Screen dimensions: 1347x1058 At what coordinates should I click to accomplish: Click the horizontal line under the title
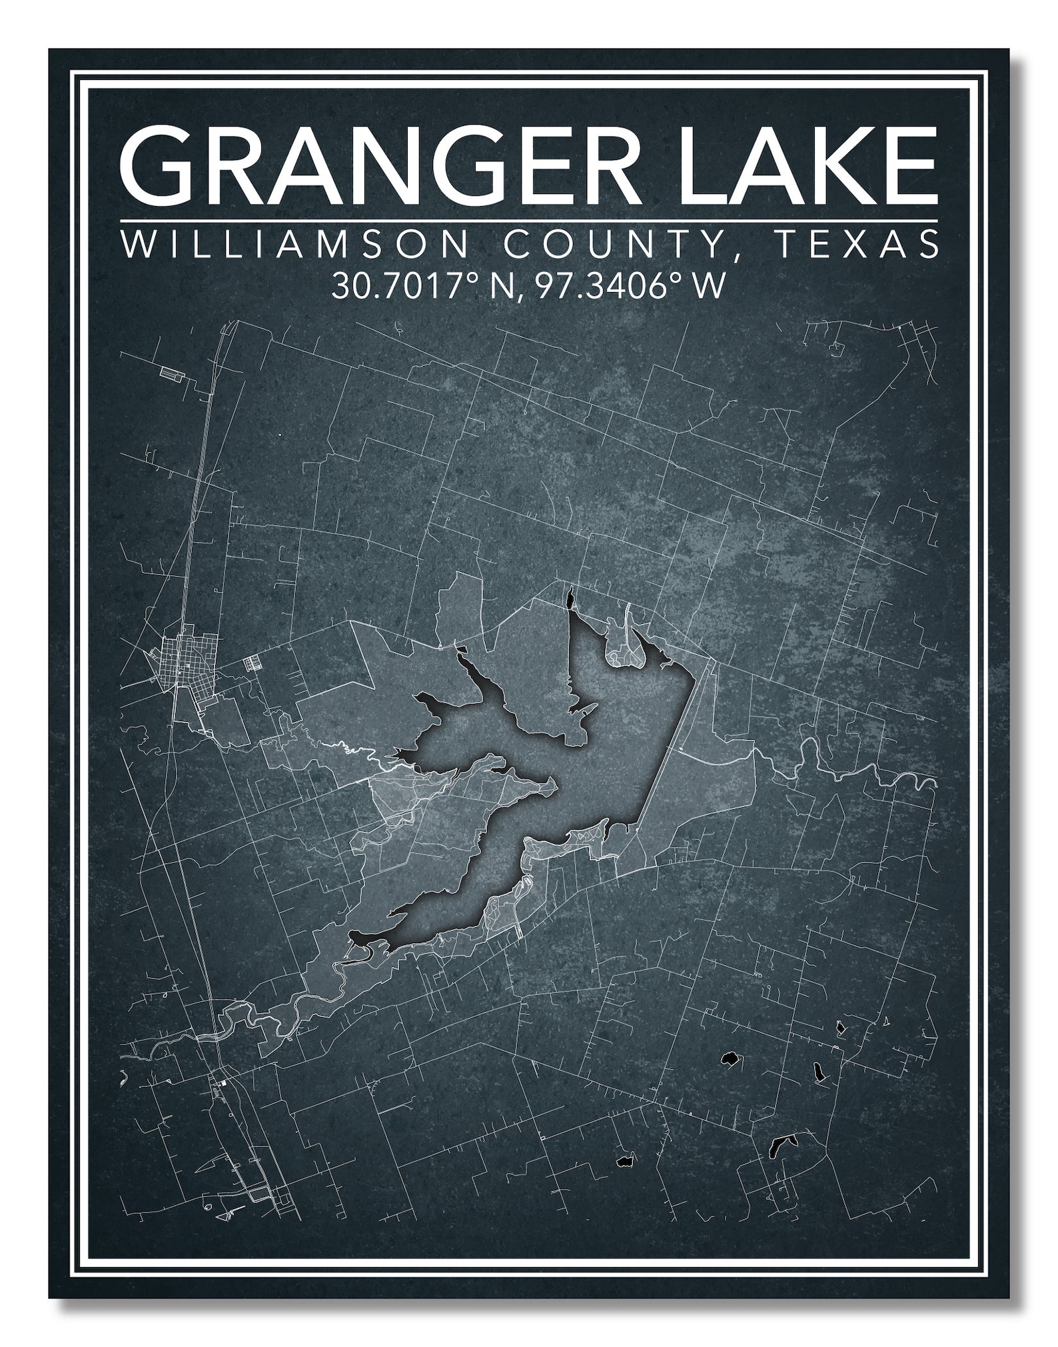(x=528, y=220)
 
